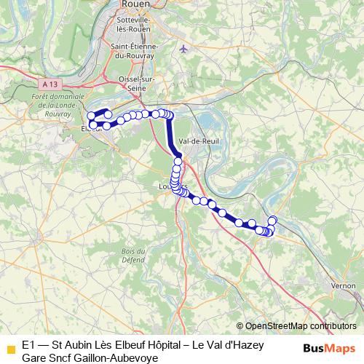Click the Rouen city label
click(132, 4)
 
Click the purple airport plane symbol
click(183, 49)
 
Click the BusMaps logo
click(330, 348)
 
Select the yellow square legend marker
click(9, 349)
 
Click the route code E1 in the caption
click(28, 344)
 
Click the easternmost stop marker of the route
click(273, 221)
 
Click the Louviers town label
click(173, 186)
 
